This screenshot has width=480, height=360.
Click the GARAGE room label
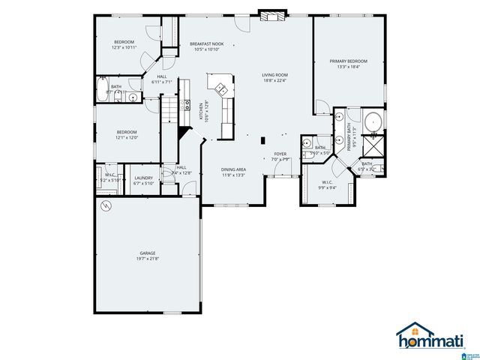(x=146, y=253)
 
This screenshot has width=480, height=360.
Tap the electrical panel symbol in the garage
(x=106, y=205)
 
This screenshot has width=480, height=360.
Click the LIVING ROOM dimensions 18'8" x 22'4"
(x=275, y=81)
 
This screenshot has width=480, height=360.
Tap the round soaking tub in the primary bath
(x=373, y=121)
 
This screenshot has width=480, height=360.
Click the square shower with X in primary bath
(x=373, y=145)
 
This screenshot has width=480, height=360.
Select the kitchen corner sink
(x=221, y=89)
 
